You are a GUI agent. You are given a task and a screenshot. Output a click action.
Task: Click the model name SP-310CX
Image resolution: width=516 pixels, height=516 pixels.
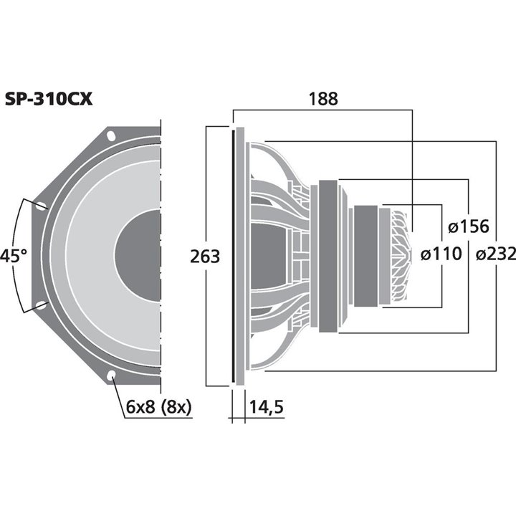49,100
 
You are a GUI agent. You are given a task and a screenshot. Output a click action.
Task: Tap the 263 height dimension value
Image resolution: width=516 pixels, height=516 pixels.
205,256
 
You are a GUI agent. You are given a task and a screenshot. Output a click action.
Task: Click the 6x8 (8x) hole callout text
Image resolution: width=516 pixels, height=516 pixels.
158,408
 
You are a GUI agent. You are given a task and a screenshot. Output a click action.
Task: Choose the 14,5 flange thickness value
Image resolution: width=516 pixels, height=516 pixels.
266,408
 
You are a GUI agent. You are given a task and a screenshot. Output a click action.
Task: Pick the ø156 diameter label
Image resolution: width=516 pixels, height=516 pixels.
467,227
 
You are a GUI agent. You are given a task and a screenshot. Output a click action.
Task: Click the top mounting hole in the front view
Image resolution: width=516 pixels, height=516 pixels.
111,135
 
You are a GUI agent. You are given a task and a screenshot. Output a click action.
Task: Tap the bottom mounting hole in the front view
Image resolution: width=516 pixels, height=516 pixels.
111,375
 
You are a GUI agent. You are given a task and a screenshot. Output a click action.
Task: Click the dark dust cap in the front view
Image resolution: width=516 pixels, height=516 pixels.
140,256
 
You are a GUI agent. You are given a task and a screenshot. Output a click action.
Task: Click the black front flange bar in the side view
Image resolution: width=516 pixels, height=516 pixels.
233,256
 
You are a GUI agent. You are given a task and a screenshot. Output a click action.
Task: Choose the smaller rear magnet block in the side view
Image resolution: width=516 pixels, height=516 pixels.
366,256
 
